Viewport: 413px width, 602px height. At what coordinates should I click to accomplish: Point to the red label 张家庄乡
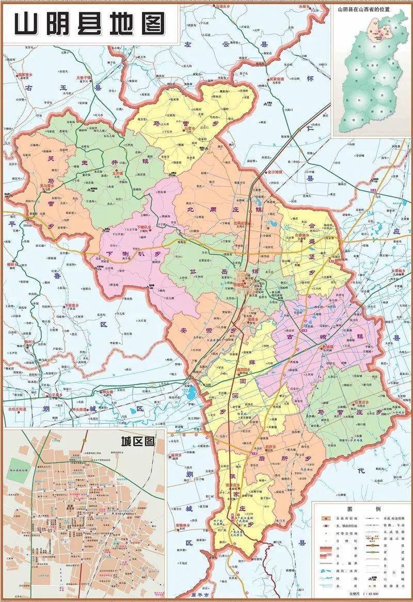click(232, 486)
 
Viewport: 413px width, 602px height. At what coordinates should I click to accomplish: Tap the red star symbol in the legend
click(325, 517)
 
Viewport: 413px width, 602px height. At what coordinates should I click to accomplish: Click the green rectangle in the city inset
click(15, 464)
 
